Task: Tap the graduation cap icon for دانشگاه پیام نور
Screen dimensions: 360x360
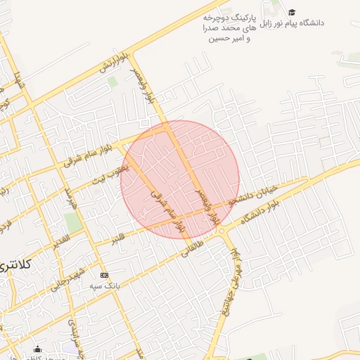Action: coord(292,12)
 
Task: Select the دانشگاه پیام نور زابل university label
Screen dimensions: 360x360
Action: coord(292,22)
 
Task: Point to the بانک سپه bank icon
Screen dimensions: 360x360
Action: coord(105,275)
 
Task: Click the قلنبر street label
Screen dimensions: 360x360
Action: coord(119,237)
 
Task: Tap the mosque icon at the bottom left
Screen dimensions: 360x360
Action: coord(37,349)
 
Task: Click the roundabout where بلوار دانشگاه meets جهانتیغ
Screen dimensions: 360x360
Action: coord(221,231)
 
